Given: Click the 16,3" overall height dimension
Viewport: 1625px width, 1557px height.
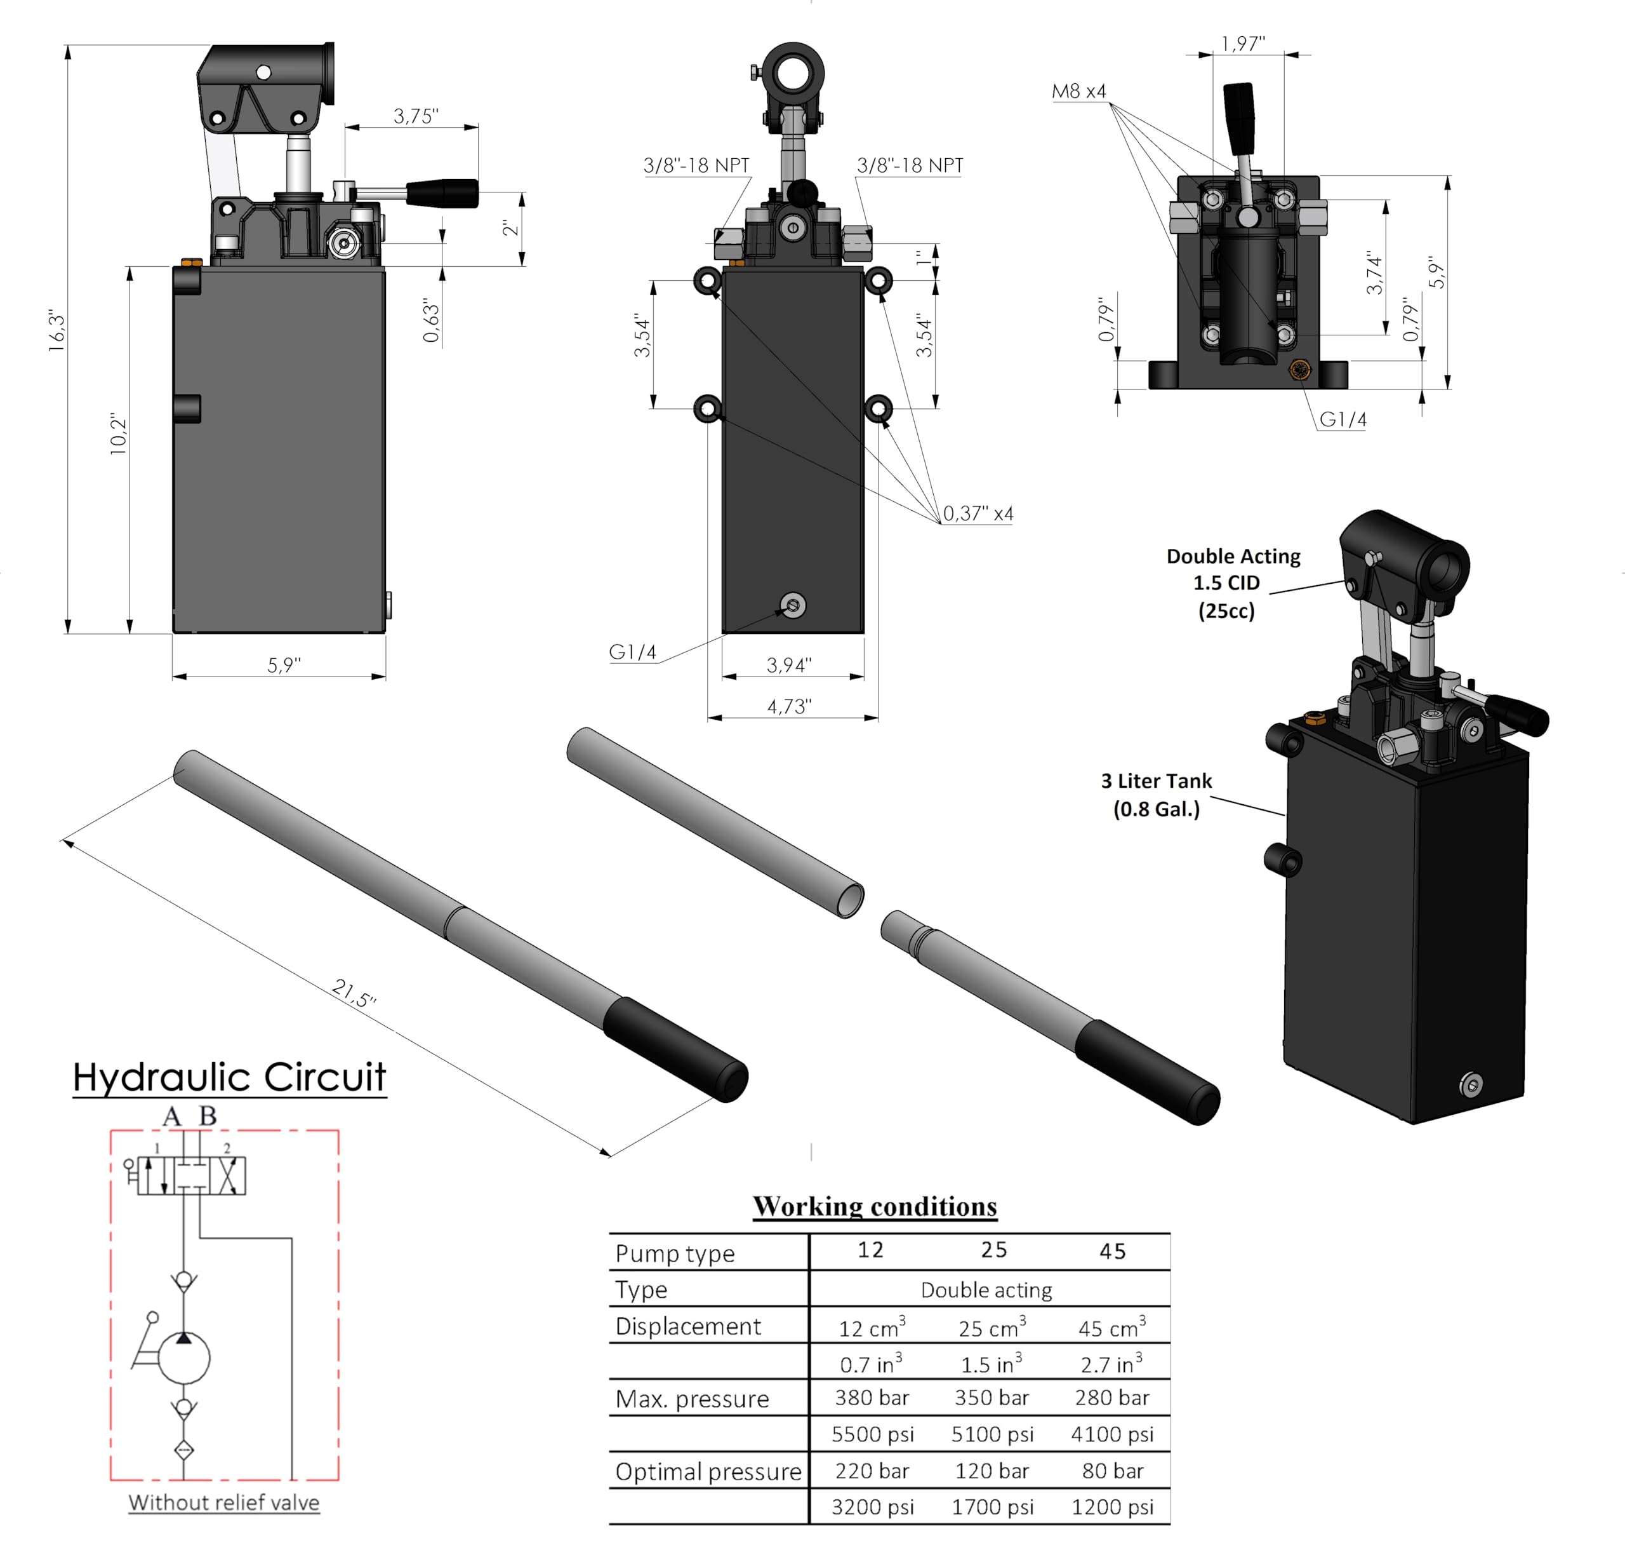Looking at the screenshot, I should (x=56, y=332).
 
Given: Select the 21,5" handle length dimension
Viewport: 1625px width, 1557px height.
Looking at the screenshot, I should (x=354, y=993).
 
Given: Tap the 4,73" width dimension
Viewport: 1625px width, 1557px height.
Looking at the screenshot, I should (x=788, y=707).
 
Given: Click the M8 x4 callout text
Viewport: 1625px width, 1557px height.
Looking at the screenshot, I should (x=1078, y=91).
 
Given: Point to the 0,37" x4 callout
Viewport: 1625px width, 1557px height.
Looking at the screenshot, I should (x=978, y=513).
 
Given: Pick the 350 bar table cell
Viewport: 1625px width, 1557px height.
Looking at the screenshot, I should (x=992, y=1398).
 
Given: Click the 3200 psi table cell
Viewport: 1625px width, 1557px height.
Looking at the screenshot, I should (x=872, y=1507).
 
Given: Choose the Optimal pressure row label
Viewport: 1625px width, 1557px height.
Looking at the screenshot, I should (x=708, y=1472).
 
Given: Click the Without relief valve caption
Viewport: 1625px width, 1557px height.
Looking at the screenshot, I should (x=224, y=1502).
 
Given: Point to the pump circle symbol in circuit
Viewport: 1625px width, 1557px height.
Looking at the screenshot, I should (x=184, y=1358).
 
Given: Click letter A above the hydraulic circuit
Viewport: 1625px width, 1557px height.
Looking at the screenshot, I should (x=171, y=1117).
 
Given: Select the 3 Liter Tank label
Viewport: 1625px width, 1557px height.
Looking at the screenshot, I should (x=1156, y=794).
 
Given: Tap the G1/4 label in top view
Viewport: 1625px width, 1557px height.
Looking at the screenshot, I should (x=1343, y=420).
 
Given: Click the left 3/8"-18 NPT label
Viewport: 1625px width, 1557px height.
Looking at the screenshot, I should (x=696, y=165).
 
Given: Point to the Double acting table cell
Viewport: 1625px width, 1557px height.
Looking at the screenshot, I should (x=986, y=1290).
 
